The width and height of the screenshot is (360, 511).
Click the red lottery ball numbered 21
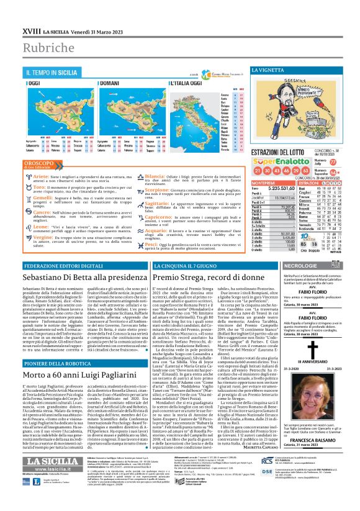pos(258,169)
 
